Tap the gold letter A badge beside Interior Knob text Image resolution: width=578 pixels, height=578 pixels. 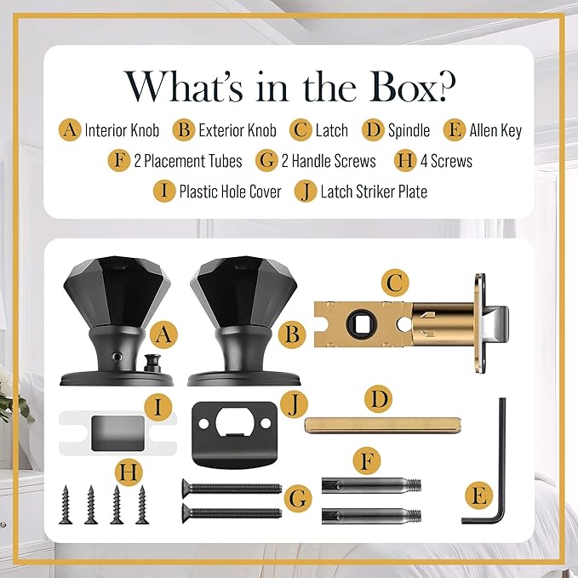click(x=70, y=129)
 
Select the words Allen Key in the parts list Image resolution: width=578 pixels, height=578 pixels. click(x=495, y=130)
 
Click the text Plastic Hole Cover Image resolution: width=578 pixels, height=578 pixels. click(x=230, y=192)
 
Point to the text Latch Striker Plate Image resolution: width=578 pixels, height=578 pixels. click(x=374, y=192)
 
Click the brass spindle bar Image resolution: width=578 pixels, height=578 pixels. click(x=382, y=425)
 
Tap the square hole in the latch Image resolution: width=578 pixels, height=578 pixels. click(x=362, y=323)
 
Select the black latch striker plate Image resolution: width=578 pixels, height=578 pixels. click(x=234, y=434)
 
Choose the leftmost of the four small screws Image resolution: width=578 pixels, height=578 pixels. click(x=66, y=504)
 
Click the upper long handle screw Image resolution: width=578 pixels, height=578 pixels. click(x=232, y=489)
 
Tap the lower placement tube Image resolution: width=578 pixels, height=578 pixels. click(x=371, y=516)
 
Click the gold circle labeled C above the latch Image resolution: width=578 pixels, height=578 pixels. click(x=395, y=283)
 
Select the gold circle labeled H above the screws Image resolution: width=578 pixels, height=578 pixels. click(x=129, y=472)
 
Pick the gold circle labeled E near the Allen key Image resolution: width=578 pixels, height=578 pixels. click(x=478, y=495)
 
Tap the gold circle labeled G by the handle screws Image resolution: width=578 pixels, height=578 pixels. click(x=298, y=498)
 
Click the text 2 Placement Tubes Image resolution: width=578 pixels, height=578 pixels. click(x=188, y=161)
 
